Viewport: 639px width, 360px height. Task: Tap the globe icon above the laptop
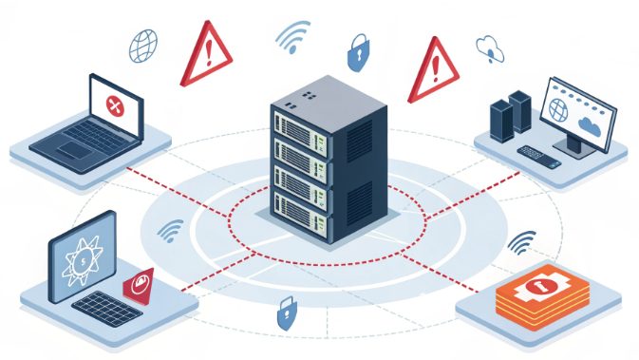pos(143,45)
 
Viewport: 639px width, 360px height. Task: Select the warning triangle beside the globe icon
pos(205,54)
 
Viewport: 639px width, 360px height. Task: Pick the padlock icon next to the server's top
pos(357,53)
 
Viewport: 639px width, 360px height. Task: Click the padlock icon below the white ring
pos(284,313)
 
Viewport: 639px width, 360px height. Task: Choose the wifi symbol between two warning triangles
pos(292,37)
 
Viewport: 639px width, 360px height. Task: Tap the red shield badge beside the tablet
pos(139,284)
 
